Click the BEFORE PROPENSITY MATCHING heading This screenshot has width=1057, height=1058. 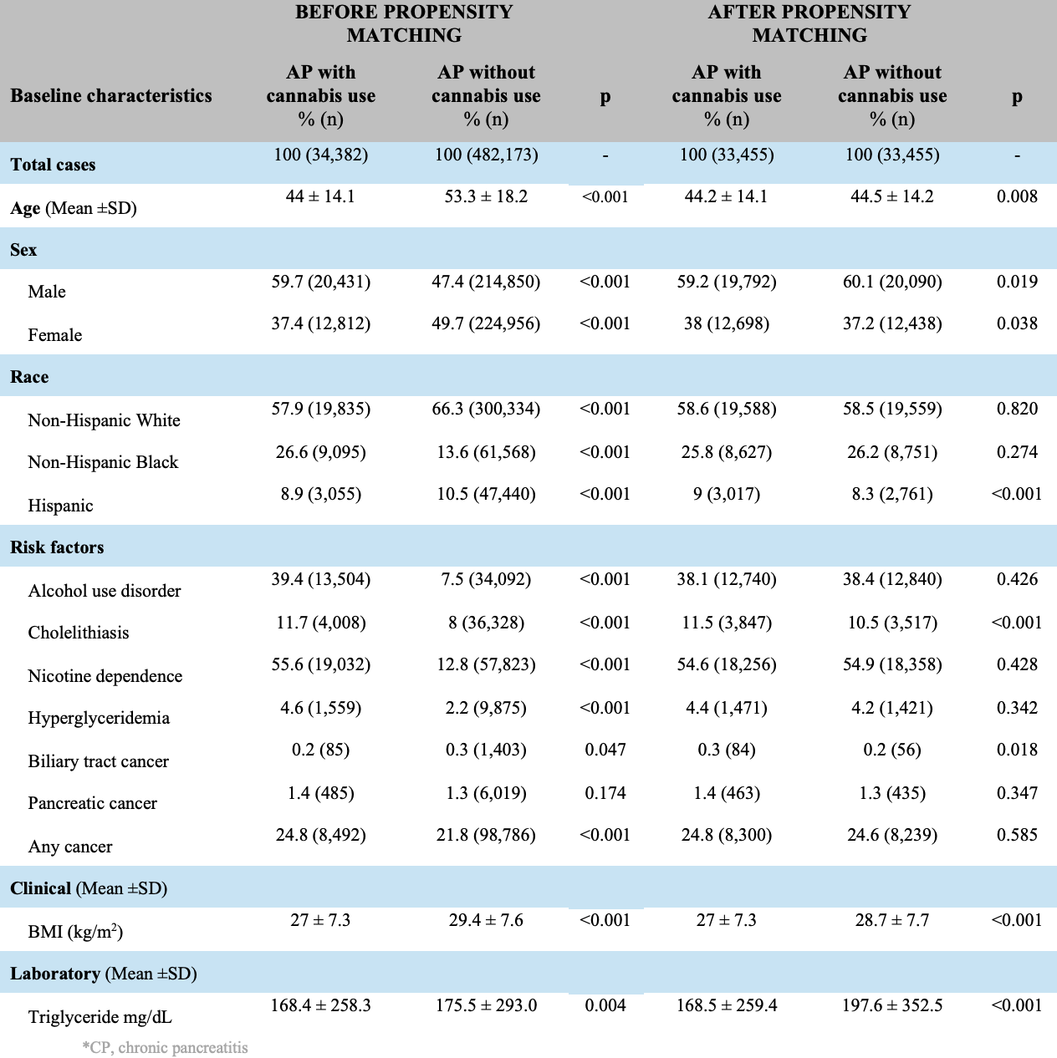pyautogui.click(x=404, y=23)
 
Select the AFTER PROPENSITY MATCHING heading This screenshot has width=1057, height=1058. pyautogui.click(x=809, y=23)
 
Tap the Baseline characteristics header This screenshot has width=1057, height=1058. pyautogui.click(x=111, y=95)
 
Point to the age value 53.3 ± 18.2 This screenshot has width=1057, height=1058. pyautogui.click(x=486, y=196)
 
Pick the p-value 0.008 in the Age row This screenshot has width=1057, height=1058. pyautogui.click(x=1017, y=196)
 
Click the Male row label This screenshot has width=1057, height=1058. pyautogui.click(x=47, y=292)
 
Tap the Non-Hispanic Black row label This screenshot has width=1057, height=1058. pyautogui.click(x=103, y=462)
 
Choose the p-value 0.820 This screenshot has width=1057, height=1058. pyautogui.click(x=1017, y=409)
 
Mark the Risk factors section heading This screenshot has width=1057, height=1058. pyautogui.click(x=57, y=547)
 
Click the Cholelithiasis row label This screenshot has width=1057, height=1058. pyautogui.click(x=79, y=633)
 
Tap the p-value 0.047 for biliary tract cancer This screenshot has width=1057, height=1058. pyautogui.click(x=605, y=750)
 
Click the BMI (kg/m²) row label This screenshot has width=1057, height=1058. pyautogui.click(x=75, y=931)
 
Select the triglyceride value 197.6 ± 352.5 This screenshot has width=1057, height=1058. pyautogui.click(x=892, y=1005)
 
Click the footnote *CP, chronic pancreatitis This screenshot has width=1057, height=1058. pyautogui.click(x=165, y=1047)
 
